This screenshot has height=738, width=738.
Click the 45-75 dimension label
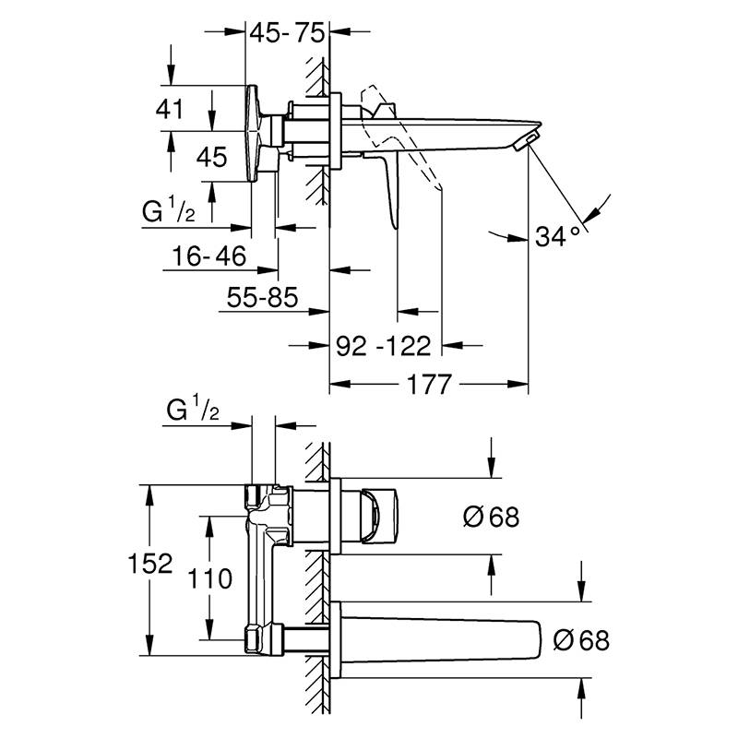287,33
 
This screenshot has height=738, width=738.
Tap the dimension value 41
170,109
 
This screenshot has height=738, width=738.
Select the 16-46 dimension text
209,256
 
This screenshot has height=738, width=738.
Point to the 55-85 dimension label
262,297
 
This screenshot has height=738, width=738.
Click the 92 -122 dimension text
383,346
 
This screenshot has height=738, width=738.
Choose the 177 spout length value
429,385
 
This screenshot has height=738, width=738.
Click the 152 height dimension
150,563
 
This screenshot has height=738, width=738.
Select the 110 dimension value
210,578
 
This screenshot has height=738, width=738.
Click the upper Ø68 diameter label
491,517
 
